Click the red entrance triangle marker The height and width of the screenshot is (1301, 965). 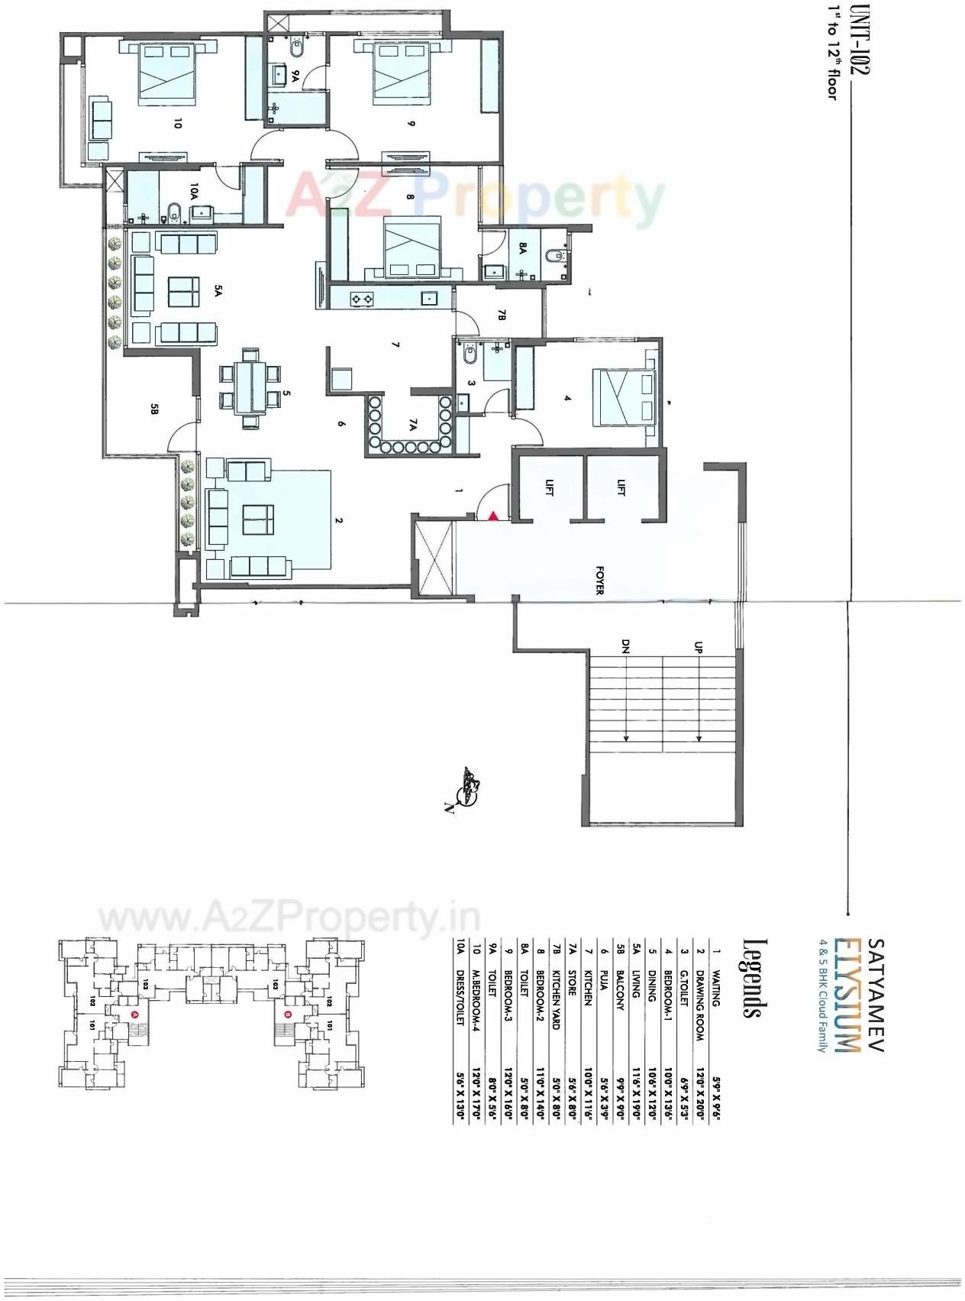493,516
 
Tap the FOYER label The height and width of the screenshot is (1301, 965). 599,580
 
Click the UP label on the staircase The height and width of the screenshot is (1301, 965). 698,647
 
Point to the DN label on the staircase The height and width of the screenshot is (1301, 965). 625,647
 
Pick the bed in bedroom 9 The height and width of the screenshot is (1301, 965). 400,73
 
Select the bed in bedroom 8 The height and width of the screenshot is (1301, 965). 413,247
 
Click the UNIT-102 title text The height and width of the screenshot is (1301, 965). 860,39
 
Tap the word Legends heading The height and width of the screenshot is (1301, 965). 752,978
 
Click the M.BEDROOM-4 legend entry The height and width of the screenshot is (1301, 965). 476,1000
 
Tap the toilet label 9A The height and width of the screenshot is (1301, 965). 295,76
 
